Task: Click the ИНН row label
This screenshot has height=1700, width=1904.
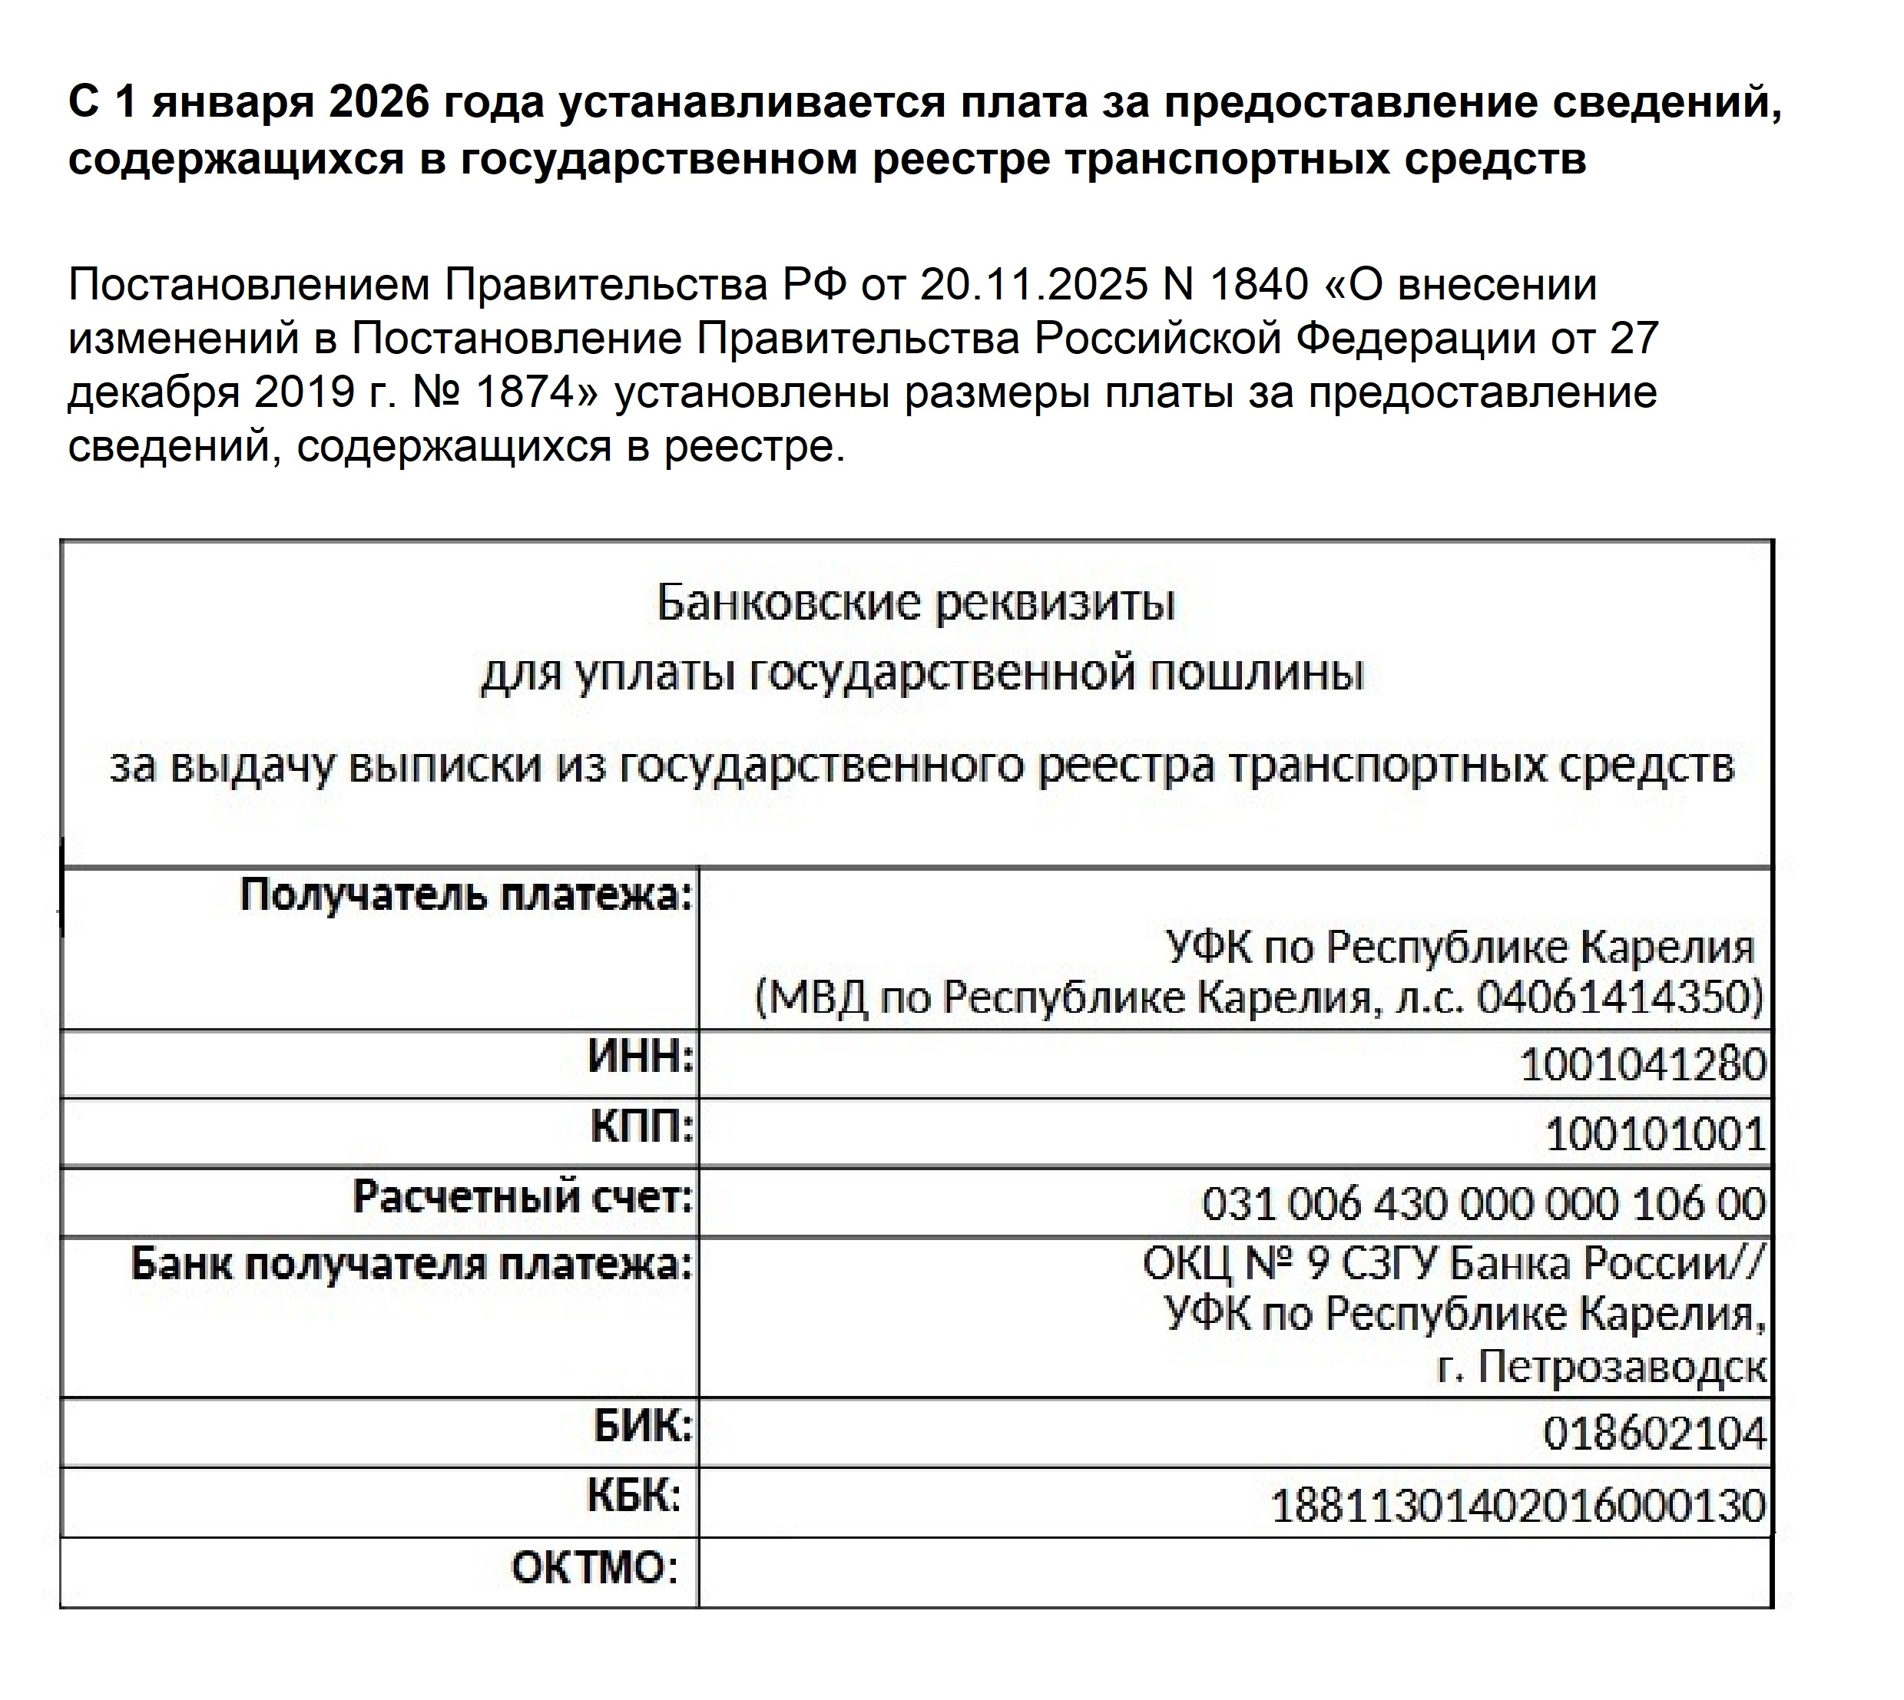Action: click(x=641, y=1058)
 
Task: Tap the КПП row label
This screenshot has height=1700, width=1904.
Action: click(x=643, y=1127)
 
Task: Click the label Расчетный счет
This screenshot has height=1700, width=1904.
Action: click(x=523, y=1196)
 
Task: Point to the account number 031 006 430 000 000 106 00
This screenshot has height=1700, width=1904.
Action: click(x=1484, y=1204)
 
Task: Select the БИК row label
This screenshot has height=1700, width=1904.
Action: click(x=643, y=1427)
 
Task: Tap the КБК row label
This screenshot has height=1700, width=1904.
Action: click(x=634, y=1496)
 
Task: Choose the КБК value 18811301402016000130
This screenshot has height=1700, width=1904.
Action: click(x=1518, y=1505)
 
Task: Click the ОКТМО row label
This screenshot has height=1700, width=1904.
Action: click(x=594, y=1567)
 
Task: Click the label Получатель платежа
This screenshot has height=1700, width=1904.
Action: click(x=466, y=895)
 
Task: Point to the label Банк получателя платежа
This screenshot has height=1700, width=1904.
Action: click(x=411, y=1265)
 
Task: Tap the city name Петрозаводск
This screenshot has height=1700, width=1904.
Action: click(x=1622, y=1368)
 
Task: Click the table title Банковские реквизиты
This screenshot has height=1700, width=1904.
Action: click(x=916, y=604)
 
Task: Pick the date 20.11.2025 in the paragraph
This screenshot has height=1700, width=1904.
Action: click(x=1033, y=285)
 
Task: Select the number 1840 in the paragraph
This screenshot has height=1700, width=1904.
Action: click(x=1257, y=285)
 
